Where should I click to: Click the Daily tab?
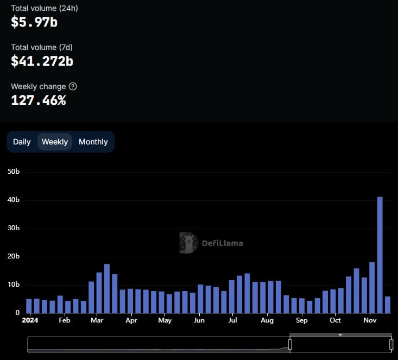[22, 142]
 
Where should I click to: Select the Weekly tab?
[55, 142]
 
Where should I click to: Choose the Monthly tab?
[93, 142]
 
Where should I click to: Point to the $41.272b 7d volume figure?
[42, 61]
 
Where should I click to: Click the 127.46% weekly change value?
[39, 100]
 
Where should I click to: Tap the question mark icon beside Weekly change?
[73, 86]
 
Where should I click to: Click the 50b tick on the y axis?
[14, 172]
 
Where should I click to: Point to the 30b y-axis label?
[14, 228]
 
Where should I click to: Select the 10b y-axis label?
[14, 285]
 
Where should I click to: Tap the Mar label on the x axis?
[98, 320]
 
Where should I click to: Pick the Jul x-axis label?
[232, 320]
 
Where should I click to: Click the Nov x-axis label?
[370, 320]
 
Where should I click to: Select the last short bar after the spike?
[387, 305]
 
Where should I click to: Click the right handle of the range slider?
[391, 344]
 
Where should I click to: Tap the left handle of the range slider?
[290, 344]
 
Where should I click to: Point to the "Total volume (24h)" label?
[45, 8]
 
